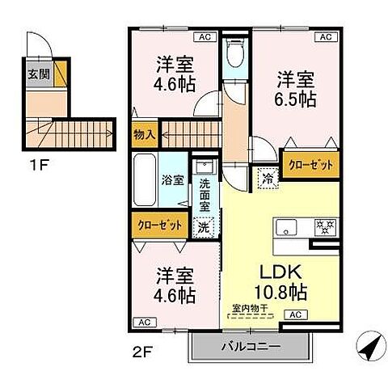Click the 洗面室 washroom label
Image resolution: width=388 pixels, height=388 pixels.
click(x=205, y=195)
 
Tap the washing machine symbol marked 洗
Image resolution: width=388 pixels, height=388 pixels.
click(x=205, y=226)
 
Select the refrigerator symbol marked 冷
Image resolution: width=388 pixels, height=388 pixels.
click(x=266, y=176)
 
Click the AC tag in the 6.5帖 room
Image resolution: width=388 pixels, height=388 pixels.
click(x=327, y=37)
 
